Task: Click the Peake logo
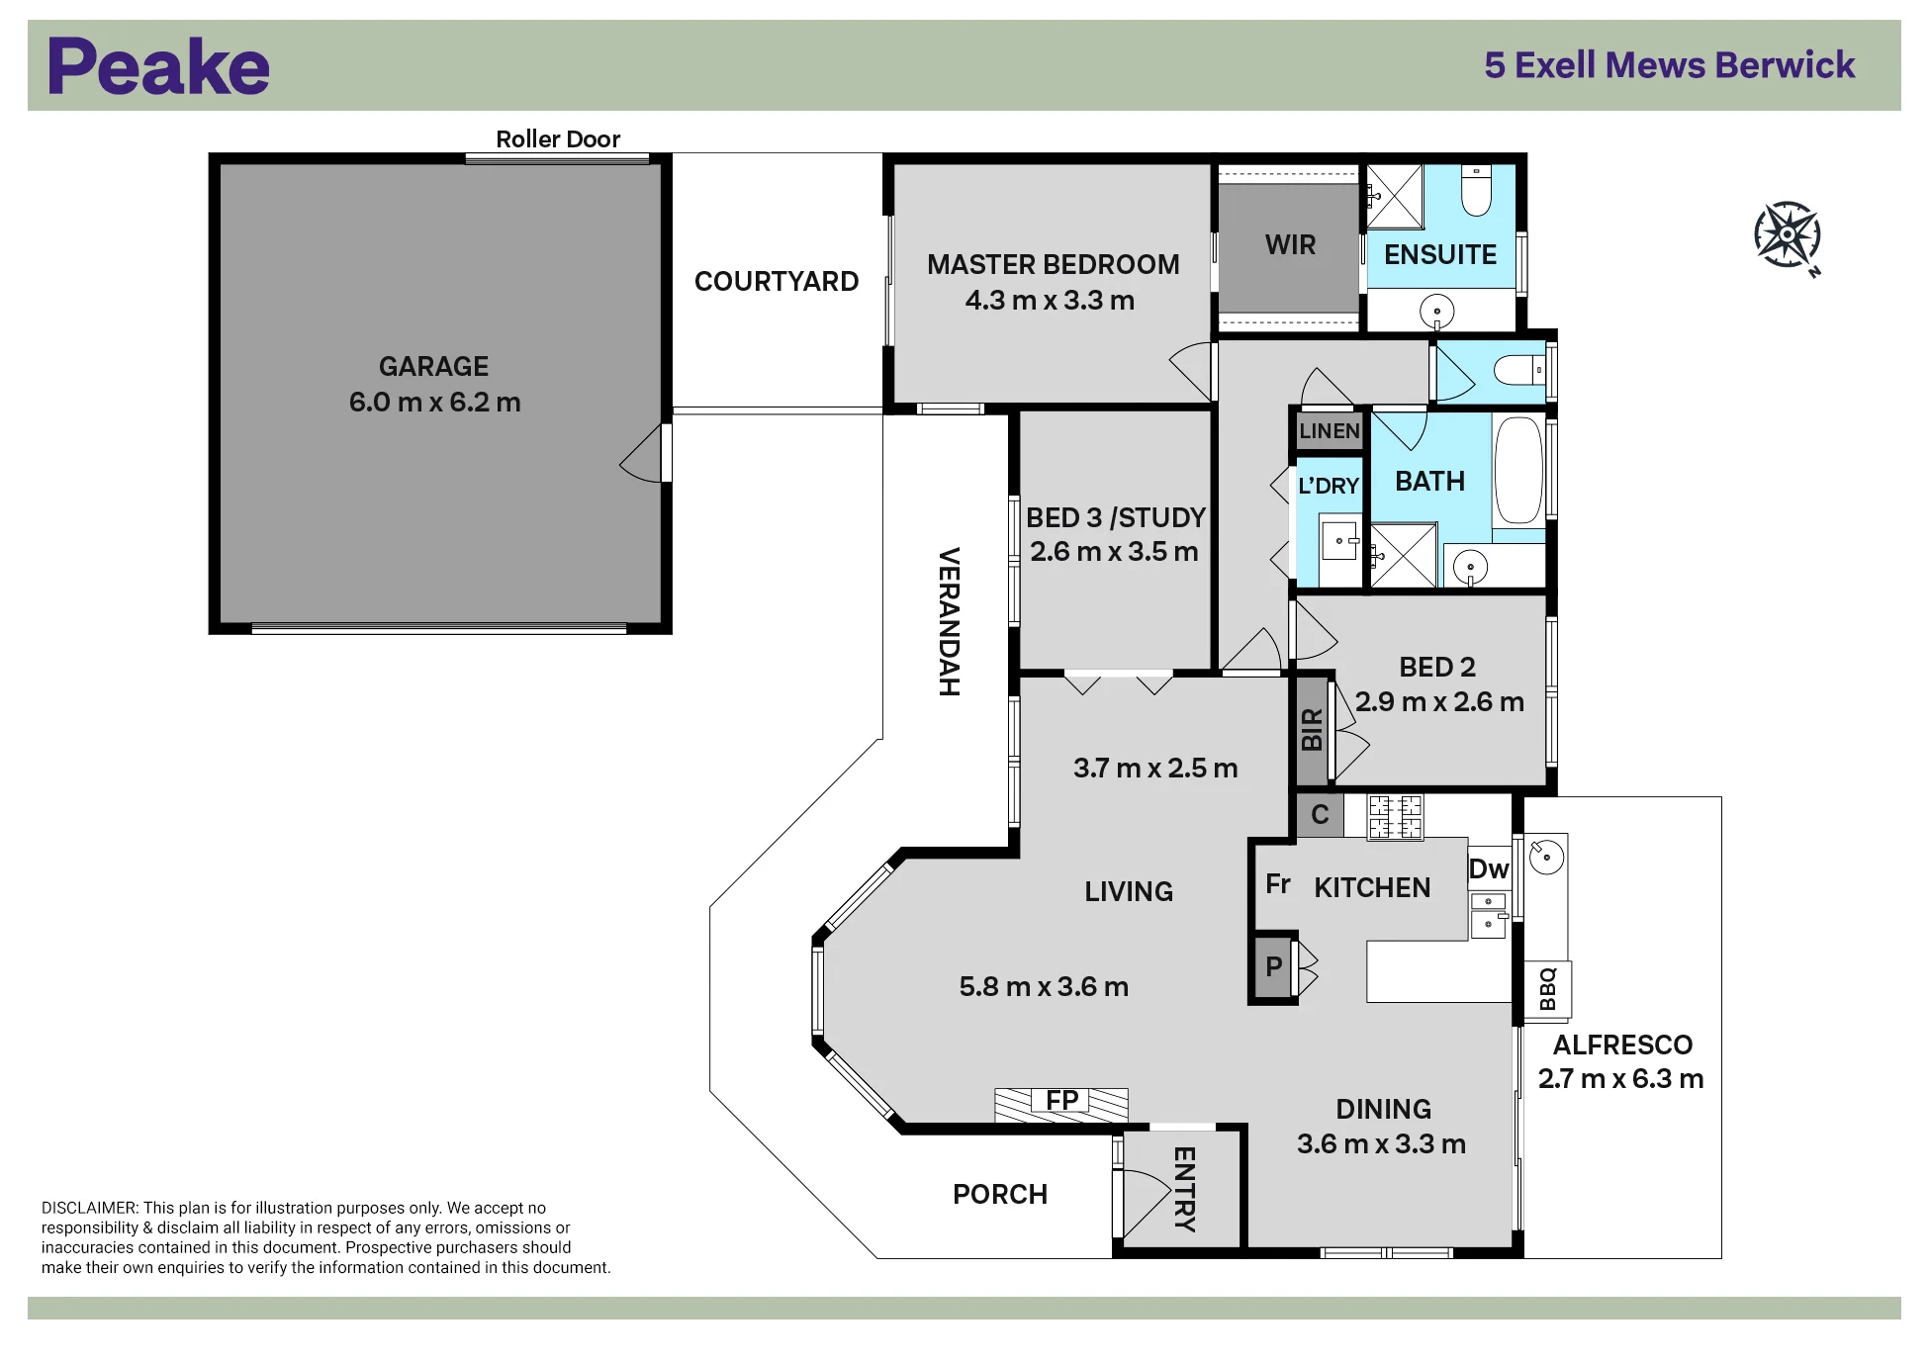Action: click(x=158, y=66)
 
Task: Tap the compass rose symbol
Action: click(x=1788, y=236)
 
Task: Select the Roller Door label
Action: click(x=558, y=139)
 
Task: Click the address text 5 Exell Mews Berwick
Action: click(x=1669, y=65)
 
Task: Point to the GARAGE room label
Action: click(x=433, y=367)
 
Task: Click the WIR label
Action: click(x=1290, y=245)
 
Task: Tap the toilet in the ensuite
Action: click(x=1476, y=190)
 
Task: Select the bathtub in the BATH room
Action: click(x=1518, y=471)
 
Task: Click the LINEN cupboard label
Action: click(x=1329, y=431)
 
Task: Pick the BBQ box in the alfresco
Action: click(x=1547, y=989)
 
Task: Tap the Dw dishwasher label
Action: click(x=1489, y=869)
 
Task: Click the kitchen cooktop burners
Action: click(x=1395, y=818)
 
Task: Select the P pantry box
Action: click(x=1274, y=966)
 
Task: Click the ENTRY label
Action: click(x=1184, y=1190)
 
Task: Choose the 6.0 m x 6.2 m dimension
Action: click(x=434, y=403)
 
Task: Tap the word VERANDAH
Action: click(x=949, y=622)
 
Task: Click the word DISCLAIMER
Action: click(x=89, y=1208)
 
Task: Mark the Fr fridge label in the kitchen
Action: click(x=1278, y=883)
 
